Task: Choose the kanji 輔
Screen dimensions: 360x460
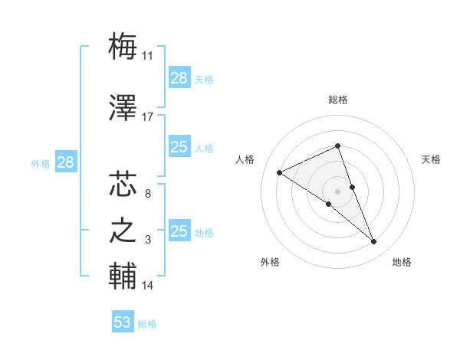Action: tap(123, 275)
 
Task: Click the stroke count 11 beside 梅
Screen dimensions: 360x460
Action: tap(147, 56)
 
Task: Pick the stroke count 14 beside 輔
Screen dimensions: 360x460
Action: tap(147, 286)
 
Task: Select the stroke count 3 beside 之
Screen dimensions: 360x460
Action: tap(148, 240)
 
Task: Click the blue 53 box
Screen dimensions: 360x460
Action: tap(123, 322)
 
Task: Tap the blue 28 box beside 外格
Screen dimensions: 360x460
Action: tap(65, 162)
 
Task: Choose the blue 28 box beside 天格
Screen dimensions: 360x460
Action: tap(179, 78)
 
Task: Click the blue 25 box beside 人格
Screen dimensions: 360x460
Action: tap(179, 147)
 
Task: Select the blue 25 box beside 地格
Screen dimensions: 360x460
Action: tap(179, 231)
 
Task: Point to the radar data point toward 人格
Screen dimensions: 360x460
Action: tap(280, 172)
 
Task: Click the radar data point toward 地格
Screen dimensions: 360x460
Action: tap(374, 242)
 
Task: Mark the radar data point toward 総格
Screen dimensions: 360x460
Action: tap(337, 146)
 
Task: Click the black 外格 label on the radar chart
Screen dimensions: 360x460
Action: tap(270, 263)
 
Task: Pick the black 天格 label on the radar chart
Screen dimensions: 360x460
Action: tap(432, 159)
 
